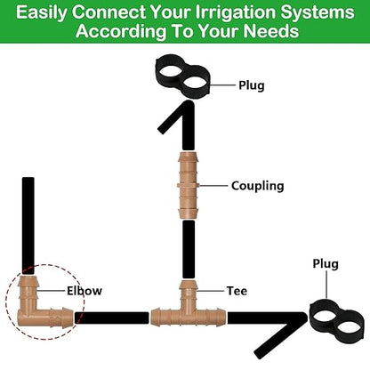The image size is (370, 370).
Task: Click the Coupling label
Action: pos(257,186)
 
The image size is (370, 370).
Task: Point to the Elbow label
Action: pos(84,291)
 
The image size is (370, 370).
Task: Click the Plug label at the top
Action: pos(251,86)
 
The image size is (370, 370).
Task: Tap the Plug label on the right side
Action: pos(326,264)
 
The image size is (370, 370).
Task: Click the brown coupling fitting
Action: pos(188,185)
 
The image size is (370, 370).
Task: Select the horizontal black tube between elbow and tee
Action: pos(111,316)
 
